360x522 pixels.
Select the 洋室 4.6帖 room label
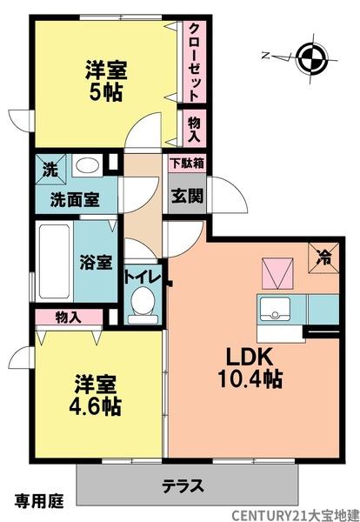pos(97,394)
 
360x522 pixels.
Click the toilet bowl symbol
pos(141,304)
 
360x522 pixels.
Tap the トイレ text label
pos(142,278)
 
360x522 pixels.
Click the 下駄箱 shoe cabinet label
pos(185,164)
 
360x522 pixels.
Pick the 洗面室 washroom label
pos(71,197)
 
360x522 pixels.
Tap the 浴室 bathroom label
pos(95,261)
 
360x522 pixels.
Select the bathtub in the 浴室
pos(55,260)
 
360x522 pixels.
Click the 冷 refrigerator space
pos(323,257)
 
